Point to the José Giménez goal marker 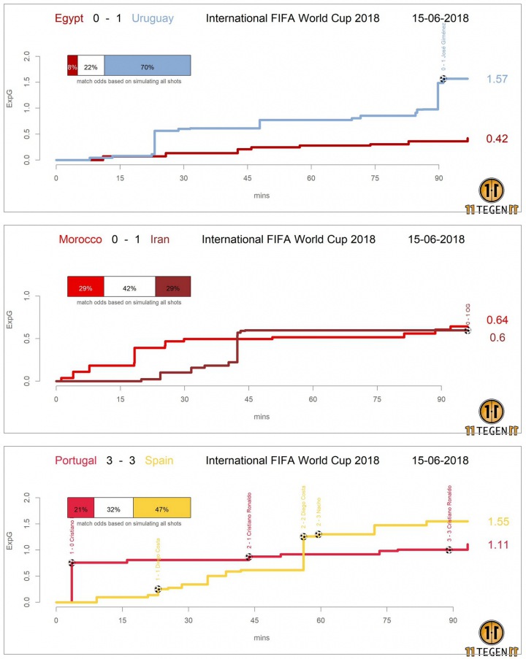(x=443, y=78)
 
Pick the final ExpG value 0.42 (x=499, y=139)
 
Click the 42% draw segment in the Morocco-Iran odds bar (x=129, y=288)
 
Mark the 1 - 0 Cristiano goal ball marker (x=72, y=563)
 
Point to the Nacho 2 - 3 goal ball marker (x=319, y=534)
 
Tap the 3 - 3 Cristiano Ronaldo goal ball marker (x=449, y=550)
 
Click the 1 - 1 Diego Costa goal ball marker (x=158, y=589)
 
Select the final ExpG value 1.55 (x=499, y=522)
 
